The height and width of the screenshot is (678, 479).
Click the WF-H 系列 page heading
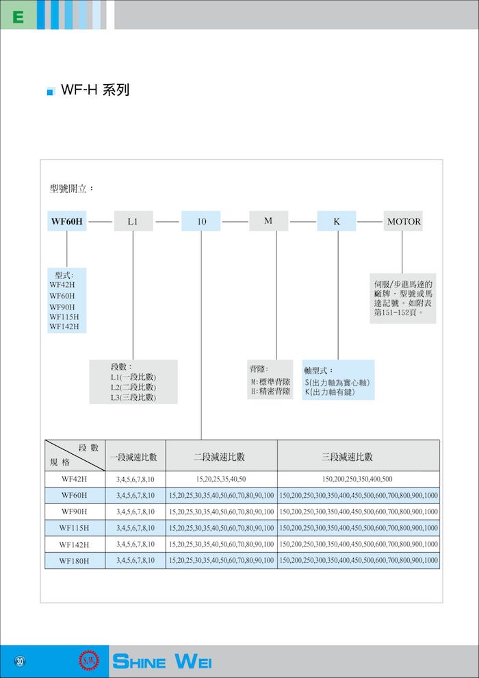(x=95, y=90)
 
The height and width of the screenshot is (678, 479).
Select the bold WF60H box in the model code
(x=67, y=221)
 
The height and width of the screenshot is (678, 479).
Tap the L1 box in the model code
(x=133, y=221)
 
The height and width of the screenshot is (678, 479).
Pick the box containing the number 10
(x=201, y=221)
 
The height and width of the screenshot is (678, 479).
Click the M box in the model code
(x=269, y=221)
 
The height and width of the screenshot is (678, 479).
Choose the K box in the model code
(x=337, y=221)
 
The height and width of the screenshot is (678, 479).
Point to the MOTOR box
(x=404, y=221)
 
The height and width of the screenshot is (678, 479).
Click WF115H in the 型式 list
(x=64, y=316)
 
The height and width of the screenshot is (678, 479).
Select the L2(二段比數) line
(x=133, y=387)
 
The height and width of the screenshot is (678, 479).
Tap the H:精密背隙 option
(x=270, y=392)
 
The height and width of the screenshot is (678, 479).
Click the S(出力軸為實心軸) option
(x=337, y=383)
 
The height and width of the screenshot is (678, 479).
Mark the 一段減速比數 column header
(x=135, y=457)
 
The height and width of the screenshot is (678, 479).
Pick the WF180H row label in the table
(x=75, y=562)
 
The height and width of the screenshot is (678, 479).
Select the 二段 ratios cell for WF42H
(x=221, y=479)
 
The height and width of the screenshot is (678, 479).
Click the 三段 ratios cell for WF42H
(x=358, y=479)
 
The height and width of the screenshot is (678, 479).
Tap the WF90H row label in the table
(x=75, y=512)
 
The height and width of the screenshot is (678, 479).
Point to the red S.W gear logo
(x=88, y=661)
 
